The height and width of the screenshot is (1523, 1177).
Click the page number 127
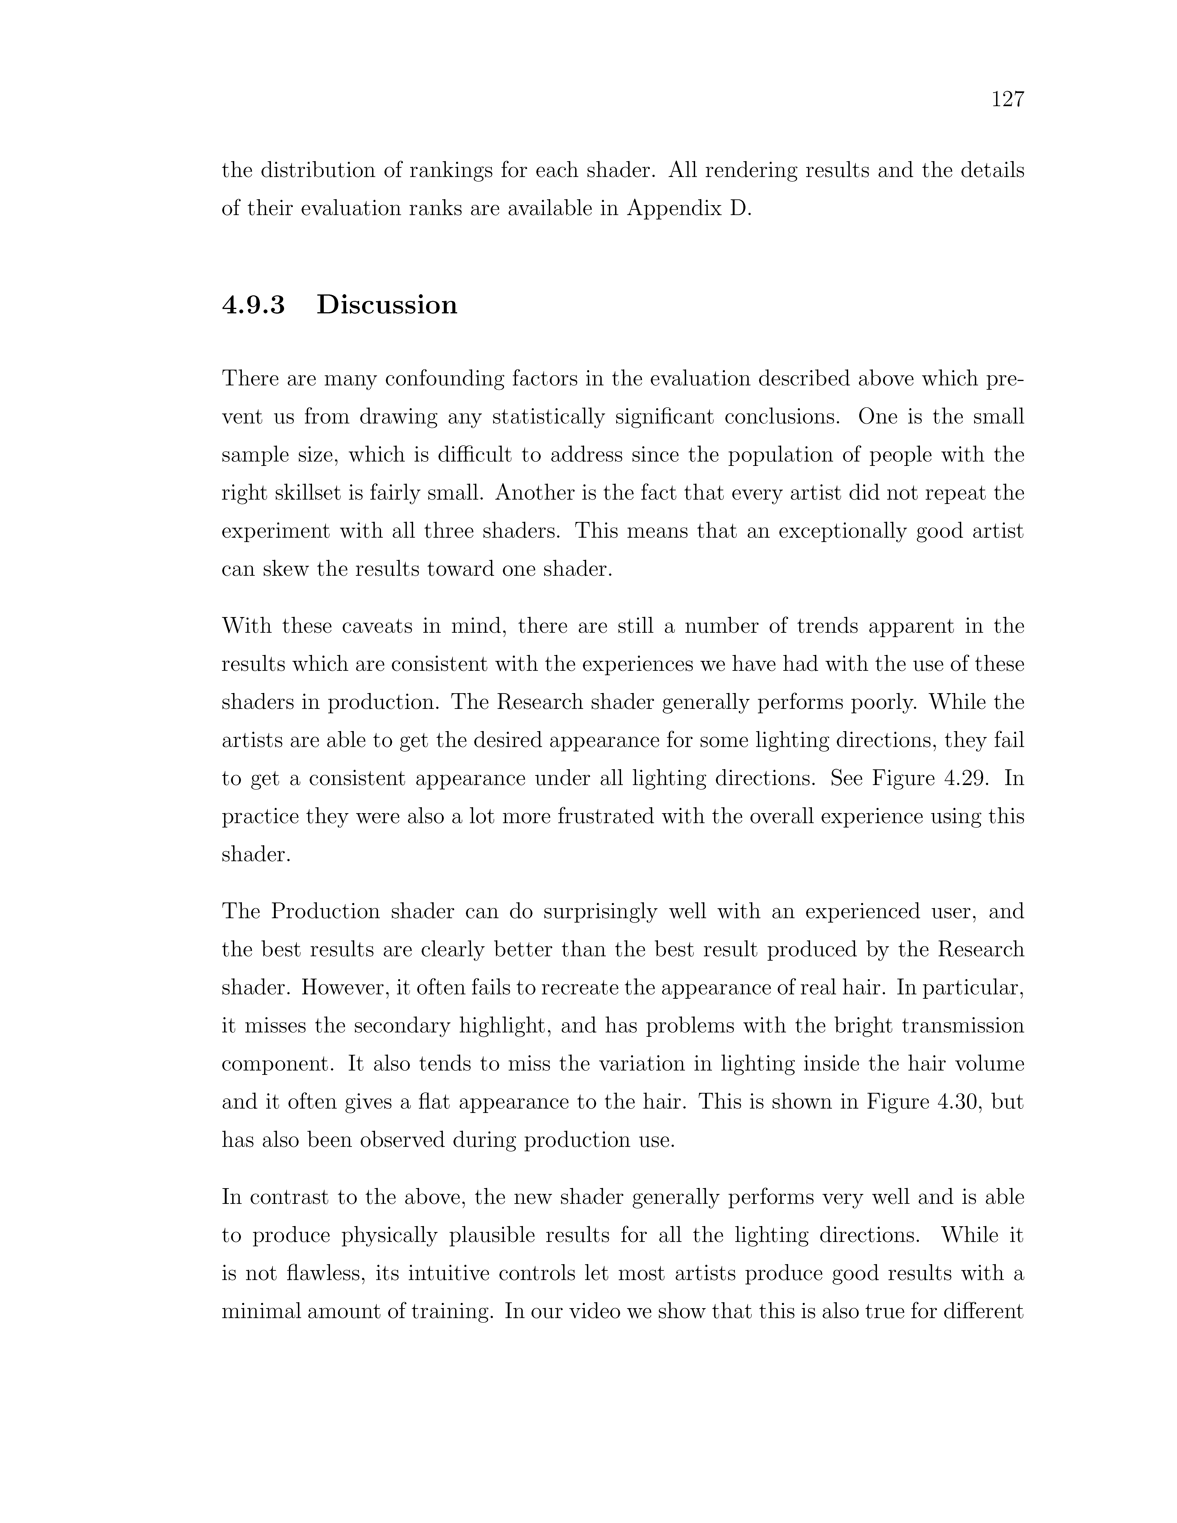[1008, 100]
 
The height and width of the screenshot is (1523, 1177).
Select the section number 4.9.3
[253, 305]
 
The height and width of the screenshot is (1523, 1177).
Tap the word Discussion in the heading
[387, 305]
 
